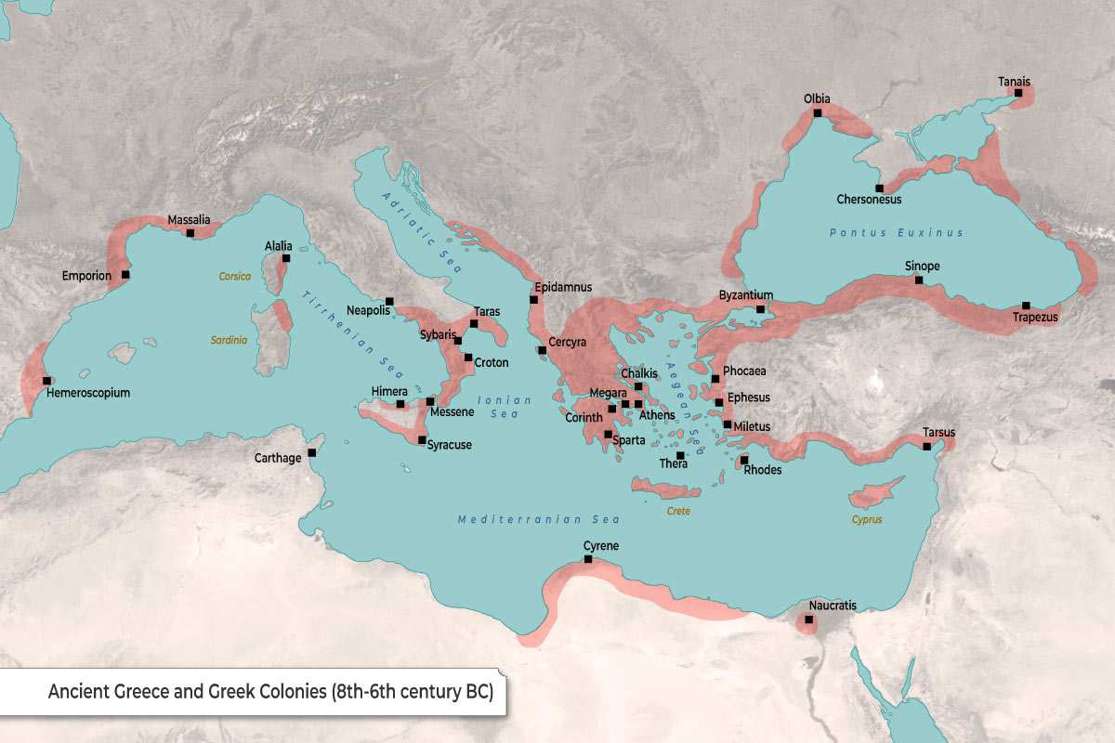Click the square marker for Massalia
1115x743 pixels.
click(x=190, y=233)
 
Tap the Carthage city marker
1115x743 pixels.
click(x=312, y=453)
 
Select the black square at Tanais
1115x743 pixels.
click(x=1018, y=93)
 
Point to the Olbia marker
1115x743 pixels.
click(x=818, y=113)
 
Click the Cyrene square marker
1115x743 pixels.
click(x=587, y=559)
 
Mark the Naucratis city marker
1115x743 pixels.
click(x=809, y=619)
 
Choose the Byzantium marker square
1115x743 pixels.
click(x=760, y=309)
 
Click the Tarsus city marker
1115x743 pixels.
click(x=927, y=447)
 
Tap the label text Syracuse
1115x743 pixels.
click(x=449, y=445)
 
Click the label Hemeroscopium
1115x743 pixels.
click(x=88, y=393)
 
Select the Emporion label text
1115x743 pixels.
click(x=86, y=276)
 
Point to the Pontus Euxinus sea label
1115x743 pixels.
click(x=897, y=233)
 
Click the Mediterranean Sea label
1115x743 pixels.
click(x=538, y=519)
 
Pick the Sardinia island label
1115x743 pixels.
click(x=230, y=341)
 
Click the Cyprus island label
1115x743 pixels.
click(x=866, y=519)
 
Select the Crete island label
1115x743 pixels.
click(x=678, y=511)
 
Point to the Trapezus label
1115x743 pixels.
click(x=1035, y=319)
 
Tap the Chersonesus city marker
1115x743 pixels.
click(x=879, y=188)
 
